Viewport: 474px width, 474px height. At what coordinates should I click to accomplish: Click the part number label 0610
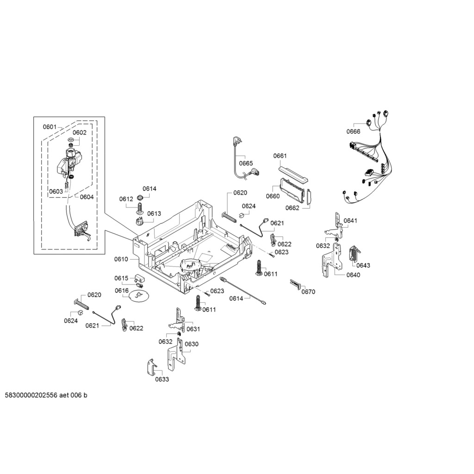coord(121,259)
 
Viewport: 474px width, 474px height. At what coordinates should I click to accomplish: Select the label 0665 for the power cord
coord(246,163)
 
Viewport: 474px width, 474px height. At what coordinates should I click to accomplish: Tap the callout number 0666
coord(353,131)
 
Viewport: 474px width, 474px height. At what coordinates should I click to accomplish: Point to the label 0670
coord(308,292)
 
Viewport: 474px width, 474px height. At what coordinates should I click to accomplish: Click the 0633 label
coord(162,380)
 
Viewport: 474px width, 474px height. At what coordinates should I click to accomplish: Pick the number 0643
coord(363,265)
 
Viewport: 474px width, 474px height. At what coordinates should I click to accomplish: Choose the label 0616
coord(122,291)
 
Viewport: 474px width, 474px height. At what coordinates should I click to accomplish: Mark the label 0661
coord(280,156)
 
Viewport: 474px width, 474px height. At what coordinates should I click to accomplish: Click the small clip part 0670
coord(295,284)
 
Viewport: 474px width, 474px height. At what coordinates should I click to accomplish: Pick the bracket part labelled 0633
coord(152,367)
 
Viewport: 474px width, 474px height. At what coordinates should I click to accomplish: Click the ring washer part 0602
coord(71,140)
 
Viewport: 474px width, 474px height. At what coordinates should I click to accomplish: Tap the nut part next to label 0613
coord(139,220)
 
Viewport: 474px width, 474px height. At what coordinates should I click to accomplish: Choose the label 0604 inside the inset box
coord(87,197)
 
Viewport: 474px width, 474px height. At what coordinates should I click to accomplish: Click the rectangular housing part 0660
coord(291,189)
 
